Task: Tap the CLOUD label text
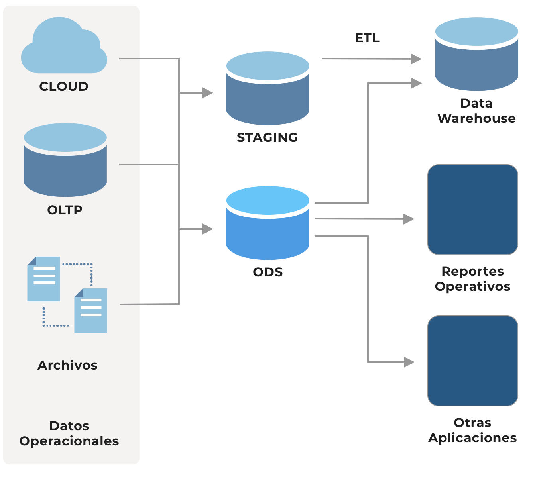click(64, 86)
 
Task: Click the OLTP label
click(65, 210)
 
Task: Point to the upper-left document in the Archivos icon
click(43, 278)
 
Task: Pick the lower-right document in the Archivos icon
click(91, 310)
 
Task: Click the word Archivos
click(67, 365)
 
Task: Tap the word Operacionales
click(69, 441)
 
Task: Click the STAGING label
click(267, 137)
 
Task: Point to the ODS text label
click(268, 272)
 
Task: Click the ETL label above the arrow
click(367, 38)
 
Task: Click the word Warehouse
click(476, 118)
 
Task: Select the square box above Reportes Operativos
click(473, 210)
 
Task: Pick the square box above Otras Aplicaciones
click(473, 361)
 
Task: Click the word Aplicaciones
click(473, 438)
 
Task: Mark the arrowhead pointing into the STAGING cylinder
click(208, 93)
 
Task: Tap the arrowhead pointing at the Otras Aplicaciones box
click(409, 362)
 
